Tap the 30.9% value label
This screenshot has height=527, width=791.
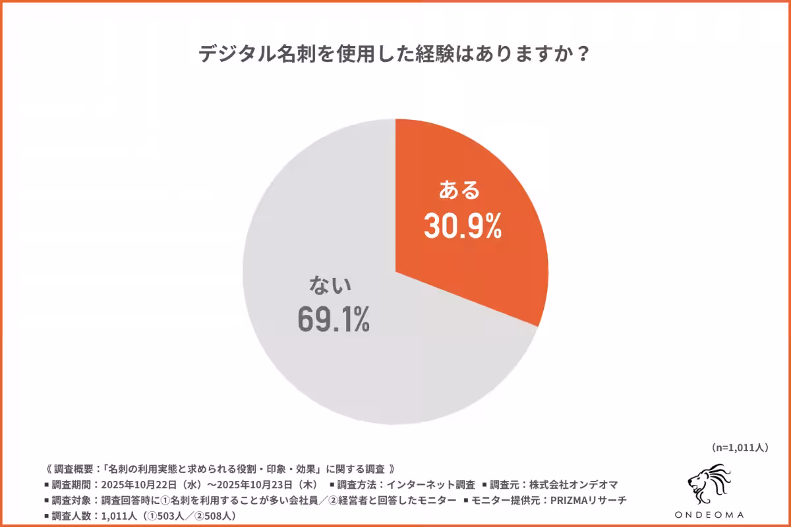coord(463,226)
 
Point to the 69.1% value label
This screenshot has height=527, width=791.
coord(334,318)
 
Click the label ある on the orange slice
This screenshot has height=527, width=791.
coord(461,191)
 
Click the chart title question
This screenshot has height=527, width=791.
coord(394,54)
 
